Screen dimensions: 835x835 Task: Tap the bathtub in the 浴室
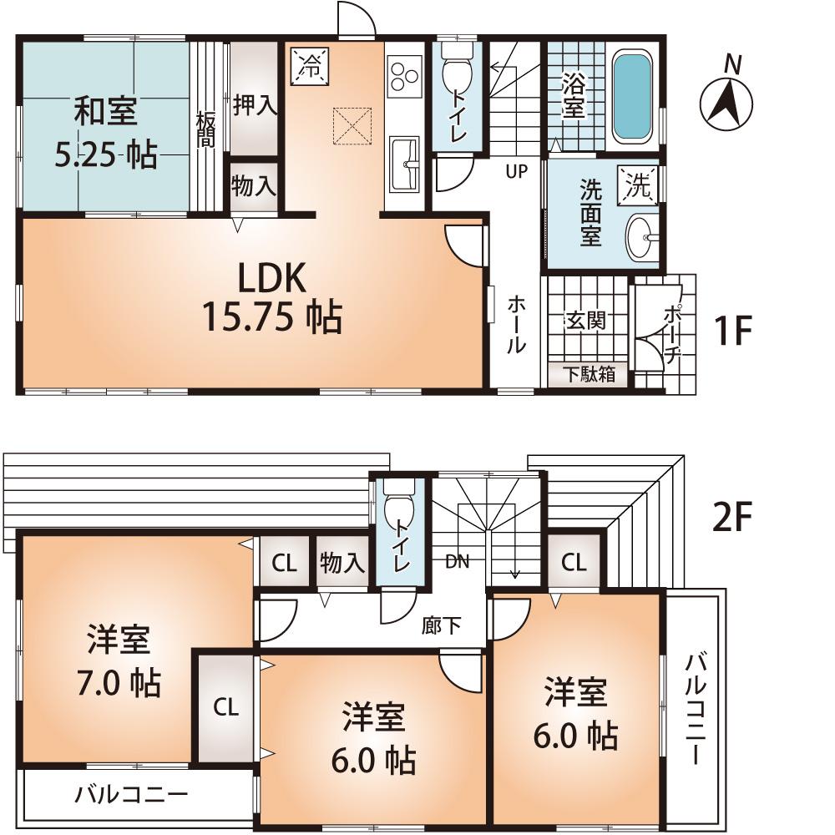pyautogui.click(x=633, y=99)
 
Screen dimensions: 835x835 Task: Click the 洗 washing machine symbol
pyautogui.click(x=637, y=186)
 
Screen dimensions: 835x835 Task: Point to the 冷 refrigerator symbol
pyautogui.click(x=310, y=66)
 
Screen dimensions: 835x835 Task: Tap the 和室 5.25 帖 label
pyautogui.click(x=106, y=133)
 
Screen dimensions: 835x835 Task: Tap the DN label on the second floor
pyautogui.click(x=457, y=561)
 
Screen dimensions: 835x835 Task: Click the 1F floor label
pyautogui.click(x=734, y=331)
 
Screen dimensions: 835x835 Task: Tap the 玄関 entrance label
pyautogui.click(x=585, y=321)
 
